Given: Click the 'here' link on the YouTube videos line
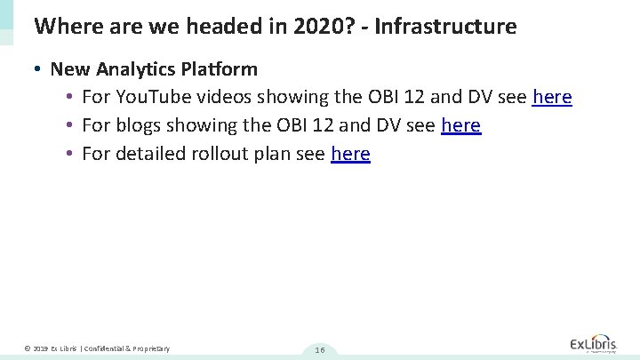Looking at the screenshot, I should point(551,97).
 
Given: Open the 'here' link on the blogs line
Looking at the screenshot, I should point(460,125).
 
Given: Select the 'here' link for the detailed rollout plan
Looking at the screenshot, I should point(350,154).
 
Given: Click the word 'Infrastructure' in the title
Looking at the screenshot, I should point(445,27).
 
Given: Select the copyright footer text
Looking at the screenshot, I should point(97,348).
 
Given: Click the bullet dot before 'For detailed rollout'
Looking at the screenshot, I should point(69,154).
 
